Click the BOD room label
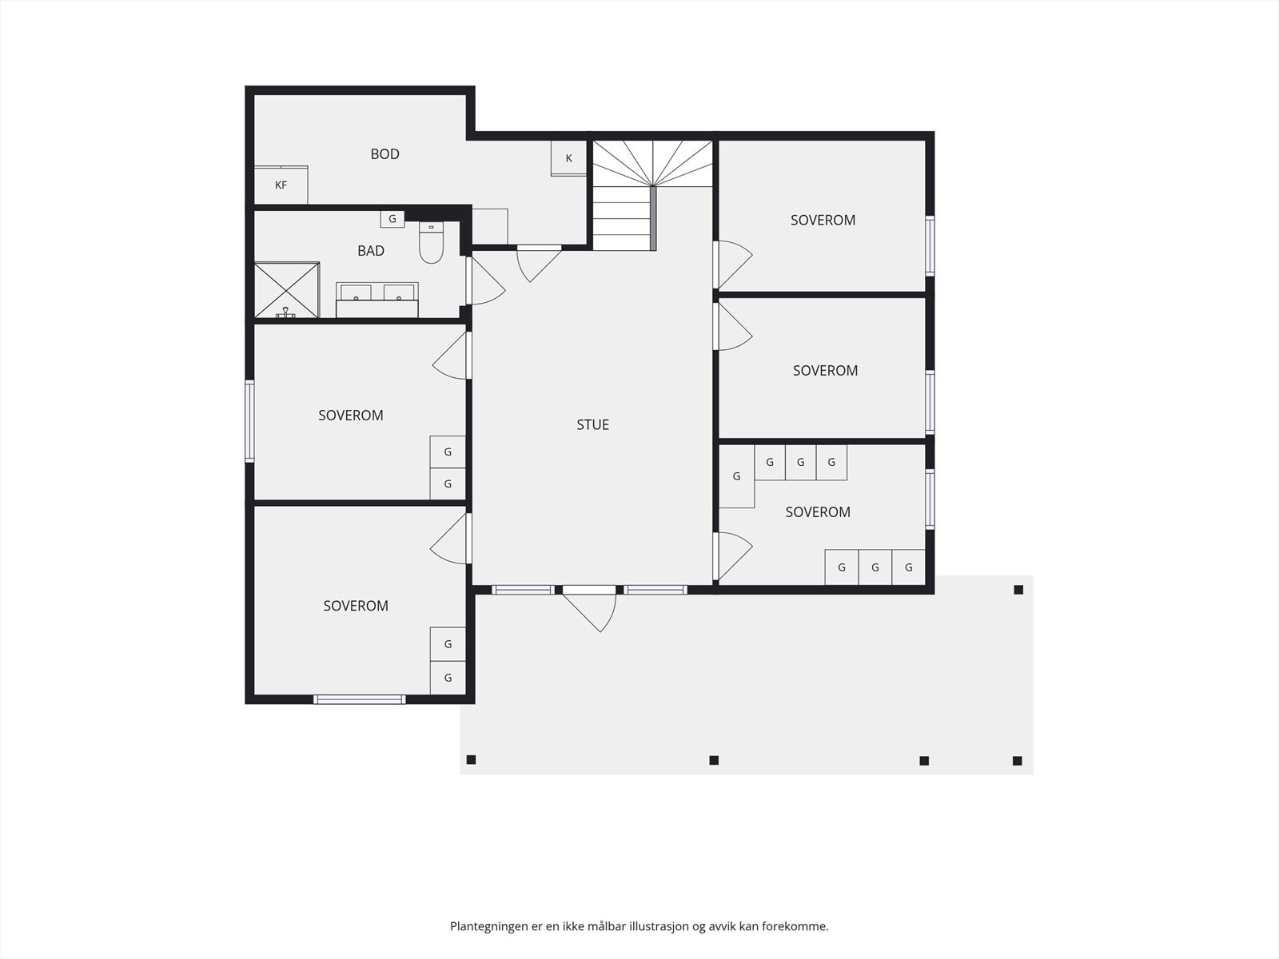(384, 153)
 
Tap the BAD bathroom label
(371, 250)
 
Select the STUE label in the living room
(592, 424)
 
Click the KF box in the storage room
(281, 185)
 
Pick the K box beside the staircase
(568, 157)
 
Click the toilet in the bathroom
(431, 242)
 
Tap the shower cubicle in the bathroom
(287, 290)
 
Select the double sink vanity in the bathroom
(377, 300)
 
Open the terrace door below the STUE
(589, 608)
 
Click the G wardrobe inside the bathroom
(392, 219)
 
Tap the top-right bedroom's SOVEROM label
(823, 220)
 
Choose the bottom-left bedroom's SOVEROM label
(356, 606)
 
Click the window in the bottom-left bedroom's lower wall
(360, 699)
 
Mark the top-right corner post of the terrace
(1018, 590)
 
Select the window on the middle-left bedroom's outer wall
(249, 421)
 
